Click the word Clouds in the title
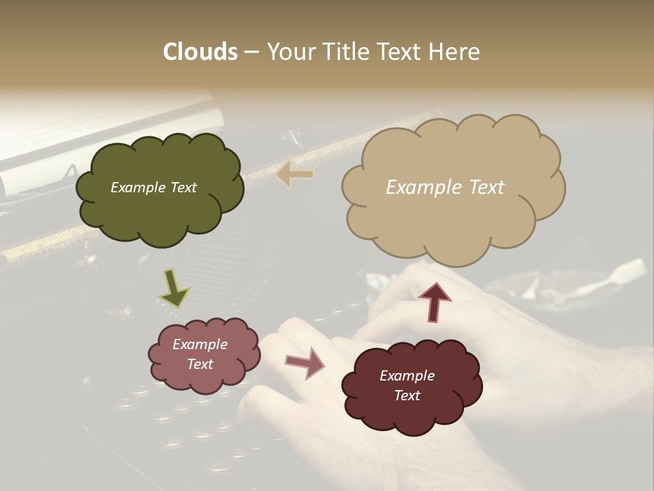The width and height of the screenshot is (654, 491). click(200, 52)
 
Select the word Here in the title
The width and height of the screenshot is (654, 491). click(454, 52)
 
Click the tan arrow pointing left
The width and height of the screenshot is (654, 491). click(295, 175)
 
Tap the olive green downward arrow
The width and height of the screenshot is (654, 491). click(173, 287)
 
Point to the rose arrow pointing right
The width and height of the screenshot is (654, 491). click(305, 362)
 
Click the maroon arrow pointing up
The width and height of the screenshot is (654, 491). click(435, 301)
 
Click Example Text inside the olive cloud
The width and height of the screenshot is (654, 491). click(153, 188)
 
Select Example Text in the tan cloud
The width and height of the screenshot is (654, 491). click(445, 188)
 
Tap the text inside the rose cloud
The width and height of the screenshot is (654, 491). click(200, 354)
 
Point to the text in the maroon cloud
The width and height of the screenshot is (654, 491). click(407, 385)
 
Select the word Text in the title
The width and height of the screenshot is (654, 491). click(401, 52)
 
